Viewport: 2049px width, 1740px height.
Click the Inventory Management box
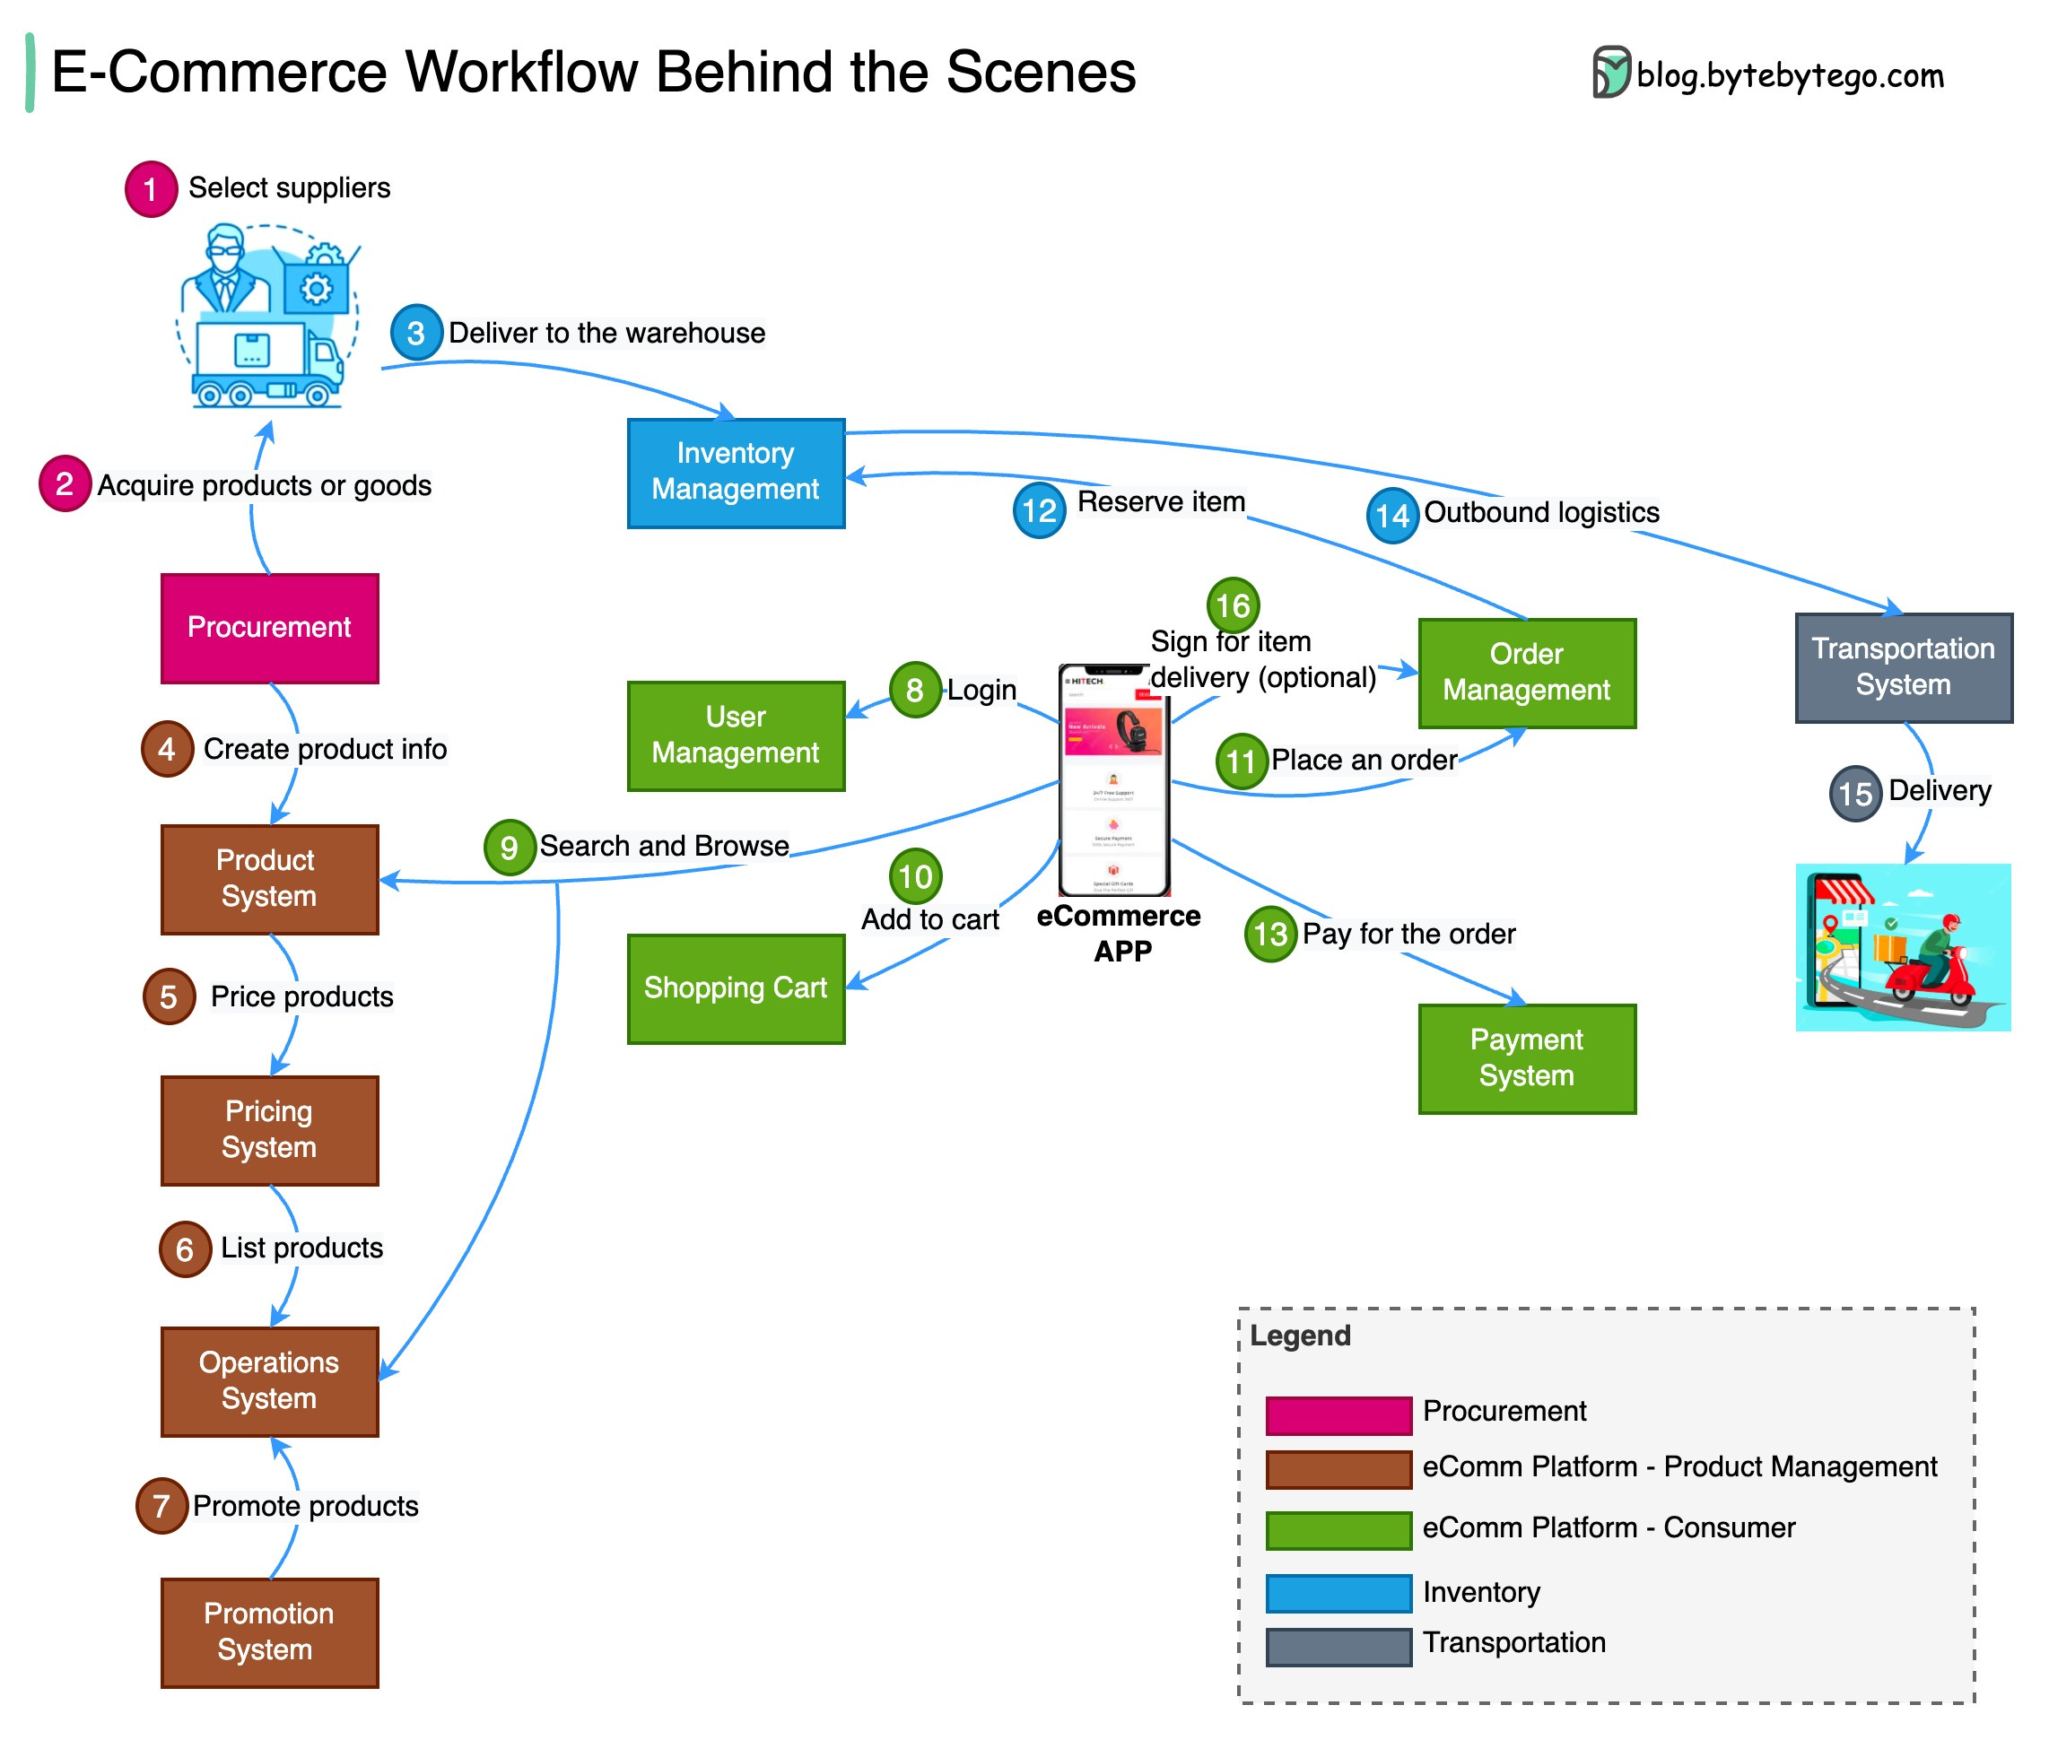[x=735, y=473]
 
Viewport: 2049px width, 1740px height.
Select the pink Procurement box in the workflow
[x=269, y=627]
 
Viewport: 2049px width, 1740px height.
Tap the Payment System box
[x=1525, y=1057]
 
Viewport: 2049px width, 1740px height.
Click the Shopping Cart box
[x=735, y=987]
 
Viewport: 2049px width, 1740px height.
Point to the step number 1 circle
[x=151, y=188]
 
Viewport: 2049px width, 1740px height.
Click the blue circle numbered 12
[x=1038, y=510]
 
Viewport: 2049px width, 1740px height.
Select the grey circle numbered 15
[x=1854, y=793]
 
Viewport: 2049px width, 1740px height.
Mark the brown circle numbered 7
[x=161, y=1505]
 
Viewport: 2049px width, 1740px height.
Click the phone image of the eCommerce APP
[x=1114, y=779]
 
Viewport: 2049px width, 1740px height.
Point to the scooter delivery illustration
[x=1902, y=947]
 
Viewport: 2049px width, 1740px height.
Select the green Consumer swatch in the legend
[x=1338, y=1529]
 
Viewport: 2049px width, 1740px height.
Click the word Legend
[x=1299, y=1335]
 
